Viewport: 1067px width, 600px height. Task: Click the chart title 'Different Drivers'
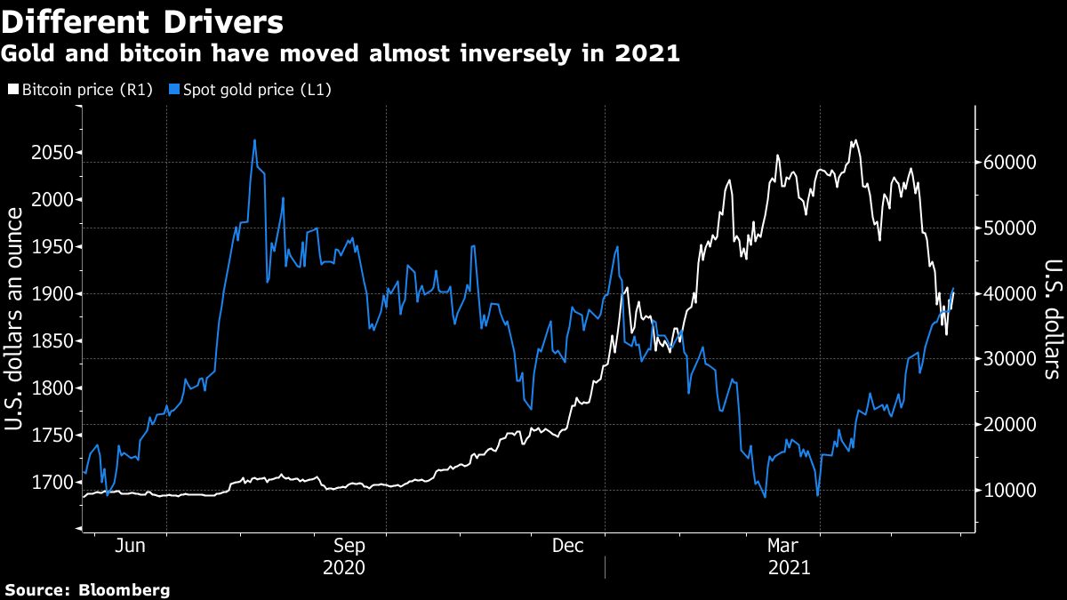click(x=142, y=20)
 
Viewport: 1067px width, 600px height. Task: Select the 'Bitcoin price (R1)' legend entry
click(x=81, y=90)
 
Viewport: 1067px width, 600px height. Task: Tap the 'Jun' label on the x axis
click(x=130, y=546)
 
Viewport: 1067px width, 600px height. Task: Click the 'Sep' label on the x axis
click(x=349, y=546)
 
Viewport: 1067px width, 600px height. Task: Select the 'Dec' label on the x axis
click(x=568, y=546)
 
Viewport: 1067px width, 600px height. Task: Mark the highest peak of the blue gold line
click(x=254, y=140)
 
